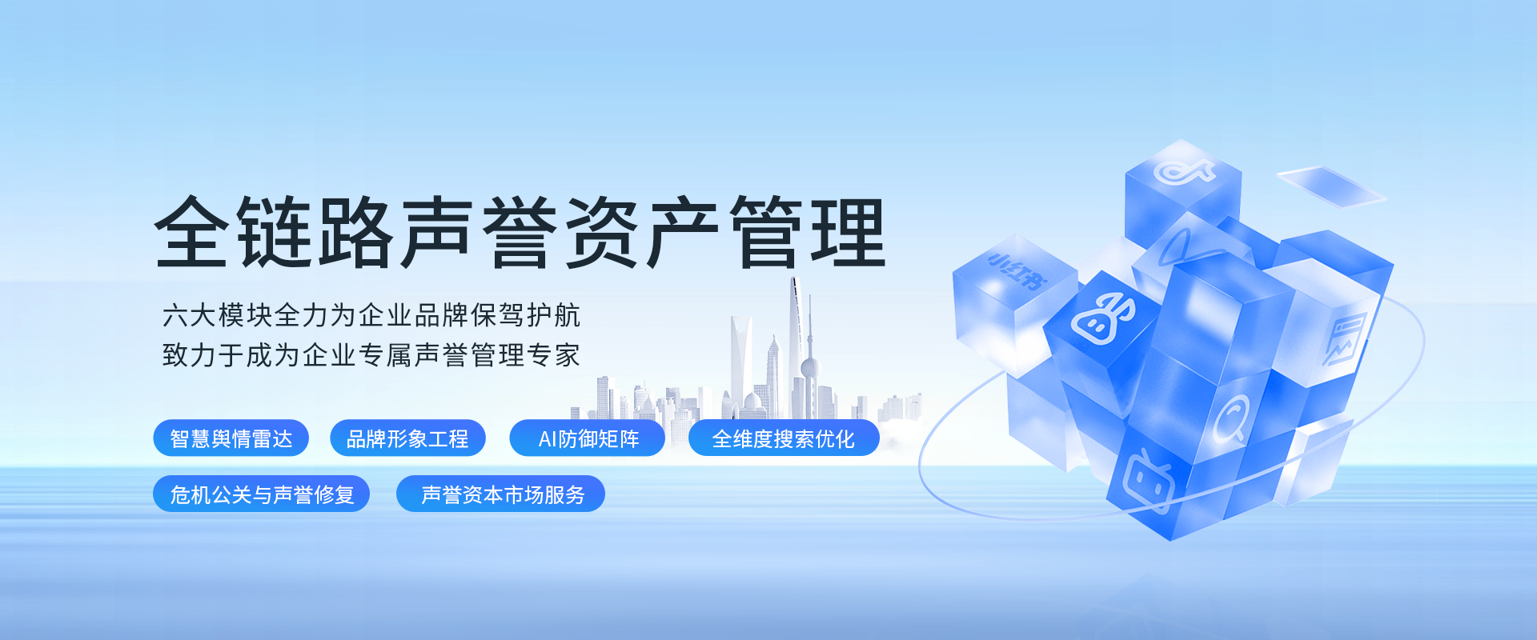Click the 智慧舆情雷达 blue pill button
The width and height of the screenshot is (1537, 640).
(x=231, y=438)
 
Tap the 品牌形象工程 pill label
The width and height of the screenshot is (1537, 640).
(x=407, y=438)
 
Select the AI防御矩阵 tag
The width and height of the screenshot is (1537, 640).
(x=587, y=438)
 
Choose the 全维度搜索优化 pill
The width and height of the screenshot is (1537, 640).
(x=784, y=438)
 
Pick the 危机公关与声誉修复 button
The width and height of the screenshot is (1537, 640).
(x=261, y=494)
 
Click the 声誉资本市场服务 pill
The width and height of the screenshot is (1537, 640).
(x=500, y=494)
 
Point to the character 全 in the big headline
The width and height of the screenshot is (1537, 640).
(x=191, y=232)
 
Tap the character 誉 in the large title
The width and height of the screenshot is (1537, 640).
(x=520, y=232)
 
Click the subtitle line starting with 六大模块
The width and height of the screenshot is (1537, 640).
(x=371, y=315)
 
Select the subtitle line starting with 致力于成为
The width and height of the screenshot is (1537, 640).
(x=371, y=355)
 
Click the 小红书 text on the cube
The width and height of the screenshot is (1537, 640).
(x=1017, y=270)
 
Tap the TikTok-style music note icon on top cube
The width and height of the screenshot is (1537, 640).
(x=1183, y=170)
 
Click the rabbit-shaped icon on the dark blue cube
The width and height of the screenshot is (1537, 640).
(x=1104, y=318)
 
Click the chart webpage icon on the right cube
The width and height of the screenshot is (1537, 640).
(x=1345, y=339)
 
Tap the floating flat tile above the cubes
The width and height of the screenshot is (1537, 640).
(x=1330, y=186)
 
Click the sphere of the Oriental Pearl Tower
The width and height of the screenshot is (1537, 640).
(x=810, y=368)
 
